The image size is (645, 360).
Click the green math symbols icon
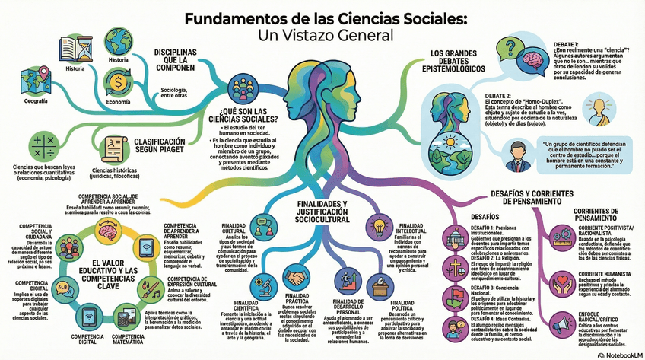[x=43, y=145]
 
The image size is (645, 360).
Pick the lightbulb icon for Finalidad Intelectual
[x=378, y=226]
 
